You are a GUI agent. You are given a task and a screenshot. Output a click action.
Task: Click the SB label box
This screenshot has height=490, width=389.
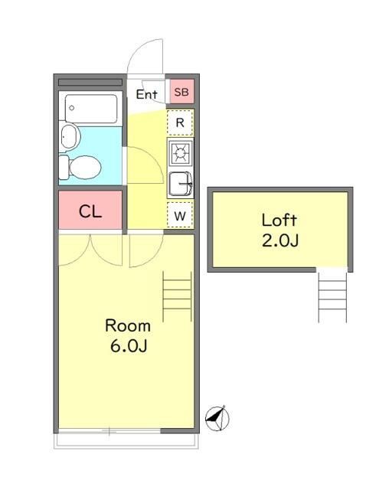click(x=181, y=92)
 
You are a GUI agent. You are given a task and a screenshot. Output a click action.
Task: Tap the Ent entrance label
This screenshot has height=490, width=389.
click(x=146, y=94)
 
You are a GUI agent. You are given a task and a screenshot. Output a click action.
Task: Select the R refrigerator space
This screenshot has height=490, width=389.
click(x=180, y=122)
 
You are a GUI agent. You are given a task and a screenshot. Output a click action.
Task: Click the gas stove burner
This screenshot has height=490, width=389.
click(x=180, y=153)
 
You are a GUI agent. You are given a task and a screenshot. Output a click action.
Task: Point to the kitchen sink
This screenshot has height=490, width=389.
click(x=181, y=184)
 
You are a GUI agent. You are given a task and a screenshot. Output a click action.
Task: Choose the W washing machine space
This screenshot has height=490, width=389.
click(x=180, y=215)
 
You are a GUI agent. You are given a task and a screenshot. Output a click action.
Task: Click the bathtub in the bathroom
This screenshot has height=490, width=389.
click(x=91, y=109)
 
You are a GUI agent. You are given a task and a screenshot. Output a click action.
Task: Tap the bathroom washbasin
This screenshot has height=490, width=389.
click(x=70, y=136)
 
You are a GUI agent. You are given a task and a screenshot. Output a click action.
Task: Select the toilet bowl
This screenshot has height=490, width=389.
click(x=80, y=168)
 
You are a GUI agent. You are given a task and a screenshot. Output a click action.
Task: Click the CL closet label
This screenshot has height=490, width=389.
click(x=90, y=211)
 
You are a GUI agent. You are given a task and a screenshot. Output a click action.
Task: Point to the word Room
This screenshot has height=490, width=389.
click(x=128, y=325)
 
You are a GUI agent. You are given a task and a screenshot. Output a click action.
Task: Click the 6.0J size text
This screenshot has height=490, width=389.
click(x=129, y=345)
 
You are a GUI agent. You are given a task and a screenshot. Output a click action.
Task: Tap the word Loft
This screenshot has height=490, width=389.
click(x=279, y=220)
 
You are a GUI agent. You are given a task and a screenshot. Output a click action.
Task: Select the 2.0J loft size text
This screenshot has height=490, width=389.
click(x=280, y=240)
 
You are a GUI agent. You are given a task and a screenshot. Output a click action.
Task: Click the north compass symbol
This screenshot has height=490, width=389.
click(x=217, y=418)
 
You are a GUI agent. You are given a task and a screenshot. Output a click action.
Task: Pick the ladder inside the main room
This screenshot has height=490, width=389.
click(x=177, y=296)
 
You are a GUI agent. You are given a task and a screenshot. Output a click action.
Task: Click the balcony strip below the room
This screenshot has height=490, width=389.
click(x=126, y=441)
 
